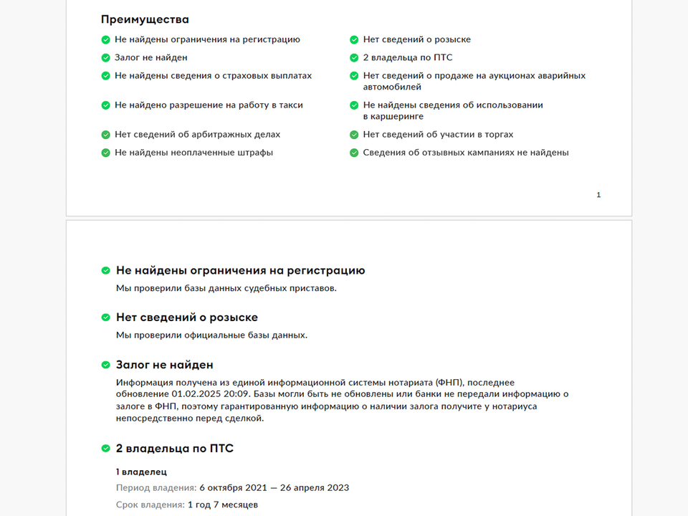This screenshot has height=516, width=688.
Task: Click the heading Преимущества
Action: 145,19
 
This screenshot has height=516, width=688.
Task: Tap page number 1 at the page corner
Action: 598,195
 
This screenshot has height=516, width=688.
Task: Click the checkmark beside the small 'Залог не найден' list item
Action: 106,57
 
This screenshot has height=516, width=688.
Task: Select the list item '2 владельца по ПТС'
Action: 407,57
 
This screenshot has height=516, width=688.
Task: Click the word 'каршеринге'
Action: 393,116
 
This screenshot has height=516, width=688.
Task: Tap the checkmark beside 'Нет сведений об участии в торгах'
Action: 354,135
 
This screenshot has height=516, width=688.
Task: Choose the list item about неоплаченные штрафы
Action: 193,153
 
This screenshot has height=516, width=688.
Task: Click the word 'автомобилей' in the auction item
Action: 392,87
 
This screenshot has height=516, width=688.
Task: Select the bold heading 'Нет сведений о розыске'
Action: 186,317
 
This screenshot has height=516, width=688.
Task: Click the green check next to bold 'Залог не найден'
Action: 106,365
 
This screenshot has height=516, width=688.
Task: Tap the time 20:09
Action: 237,394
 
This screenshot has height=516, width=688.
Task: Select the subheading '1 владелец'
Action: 141,472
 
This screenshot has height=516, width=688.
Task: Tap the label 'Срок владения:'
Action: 150,505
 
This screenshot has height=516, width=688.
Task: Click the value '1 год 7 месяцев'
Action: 223,505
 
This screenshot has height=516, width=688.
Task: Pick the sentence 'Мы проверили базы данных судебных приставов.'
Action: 226,288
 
